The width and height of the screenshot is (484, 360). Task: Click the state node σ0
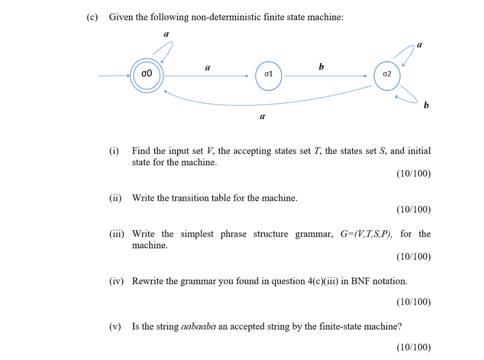click(x=147, y=74)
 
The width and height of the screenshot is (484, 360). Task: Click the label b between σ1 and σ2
click(x=322, y=67)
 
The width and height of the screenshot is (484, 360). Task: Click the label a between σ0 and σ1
click(x=207, y=68)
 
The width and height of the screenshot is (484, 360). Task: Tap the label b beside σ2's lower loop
click(x=426, y=106)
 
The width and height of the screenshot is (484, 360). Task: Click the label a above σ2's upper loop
click(x=420, y=45)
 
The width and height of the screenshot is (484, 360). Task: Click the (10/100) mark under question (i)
click(x=414, y=174)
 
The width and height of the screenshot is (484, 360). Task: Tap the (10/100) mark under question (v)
click(x=414, y=347)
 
